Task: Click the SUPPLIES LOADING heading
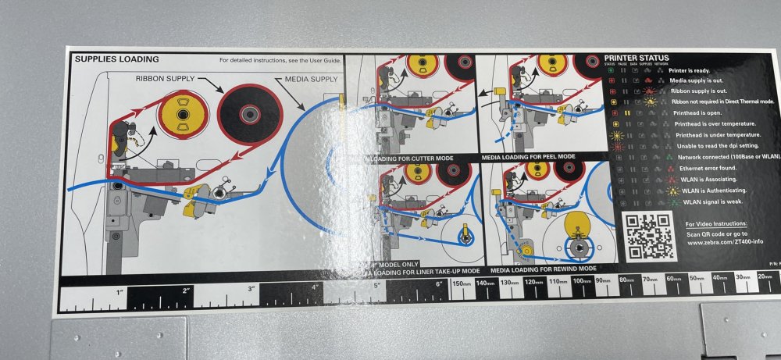click(x=116, y=59)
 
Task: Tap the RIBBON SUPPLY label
click(x=166, y=79)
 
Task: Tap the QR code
click(x=648, y=235)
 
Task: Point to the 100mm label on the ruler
click(x=581, y=280)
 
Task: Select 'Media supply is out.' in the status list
click(x=699, y=80)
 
